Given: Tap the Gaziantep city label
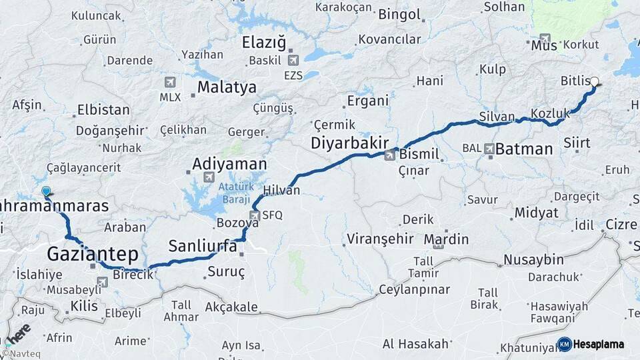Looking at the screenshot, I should point(92,253).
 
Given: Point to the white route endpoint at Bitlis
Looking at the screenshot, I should point(594,82).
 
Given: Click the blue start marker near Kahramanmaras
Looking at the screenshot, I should point(45,192).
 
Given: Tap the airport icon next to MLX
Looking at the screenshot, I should point(169,82).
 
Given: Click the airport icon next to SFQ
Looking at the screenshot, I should point(254,215).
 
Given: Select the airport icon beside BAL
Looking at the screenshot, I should point(489,149).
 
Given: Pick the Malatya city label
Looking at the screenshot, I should point(227,87).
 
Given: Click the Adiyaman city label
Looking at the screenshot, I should point(229,164).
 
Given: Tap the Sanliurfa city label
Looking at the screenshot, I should point(202,246).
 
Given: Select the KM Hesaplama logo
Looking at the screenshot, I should point(591,344).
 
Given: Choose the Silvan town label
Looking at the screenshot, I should point(497,117).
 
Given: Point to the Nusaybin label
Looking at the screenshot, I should point(533,259).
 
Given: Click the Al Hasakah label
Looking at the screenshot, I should point(415,344).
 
